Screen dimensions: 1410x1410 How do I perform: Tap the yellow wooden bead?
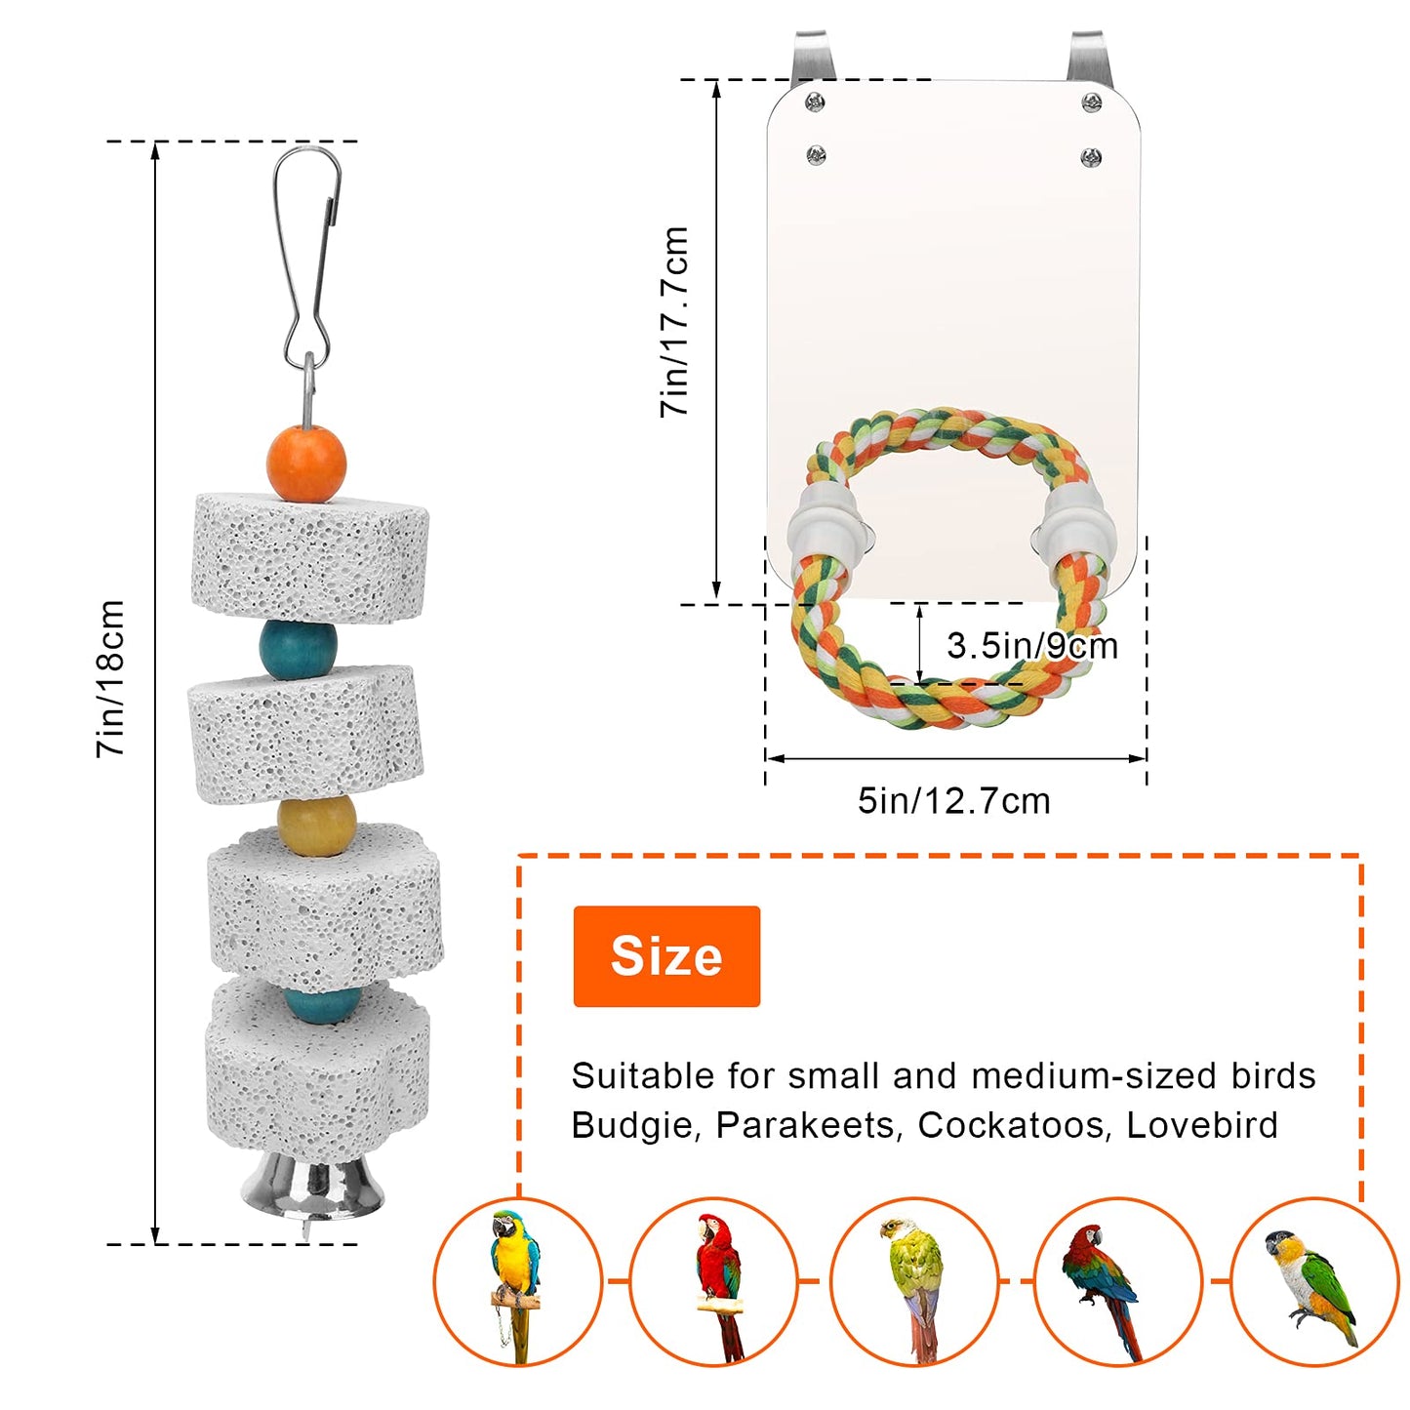315,825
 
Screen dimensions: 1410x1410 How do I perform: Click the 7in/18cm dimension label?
111,679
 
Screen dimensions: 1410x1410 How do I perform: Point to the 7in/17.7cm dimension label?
675,322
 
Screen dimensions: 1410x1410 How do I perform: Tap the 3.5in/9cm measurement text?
1031,646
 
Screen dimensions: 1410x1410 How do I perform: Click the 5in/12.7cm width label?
953,801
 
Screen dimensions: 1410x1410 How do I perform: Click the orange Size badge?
666,956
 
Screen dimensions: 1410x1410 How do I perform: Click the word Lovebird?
1201,1125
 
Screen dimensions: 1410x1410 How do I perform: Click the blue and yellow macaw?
516,1269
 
